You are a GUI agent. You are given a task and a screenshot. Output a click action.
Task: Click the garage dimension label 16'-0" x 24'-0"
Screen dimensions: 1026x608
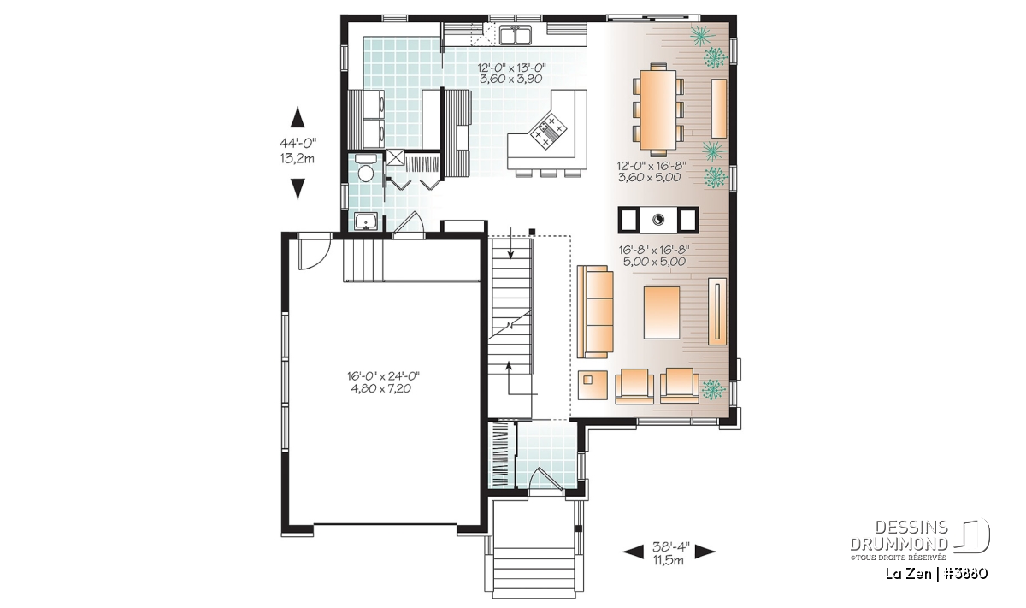[x=383, y=376]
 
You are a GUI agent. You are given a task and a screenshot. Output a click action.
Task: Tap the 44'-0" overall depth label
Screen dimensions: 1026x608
[x=298, y=143]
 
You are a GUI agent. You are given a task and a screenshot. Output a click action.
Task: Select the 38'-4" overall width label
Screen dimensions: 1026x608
[x=670, y=547]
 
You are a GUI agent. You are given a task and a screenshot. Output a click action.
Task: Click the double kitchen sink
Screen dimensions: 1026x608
[x=516, y=35]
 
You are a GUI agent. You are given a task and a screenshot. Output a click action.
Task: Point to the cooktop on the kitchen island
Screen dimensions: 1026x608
[x=548, y=131]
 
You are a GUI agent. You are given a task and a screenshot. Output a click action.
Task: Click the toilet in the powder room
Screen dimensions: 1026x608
[x=366, y=169]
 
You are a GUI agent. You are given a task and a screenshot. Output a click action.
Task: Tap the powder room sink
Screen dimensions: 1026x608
[x=366, y=221]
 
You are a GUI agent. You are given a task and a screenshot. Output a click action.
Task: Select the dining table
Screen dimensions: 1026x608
[x=658, y=109]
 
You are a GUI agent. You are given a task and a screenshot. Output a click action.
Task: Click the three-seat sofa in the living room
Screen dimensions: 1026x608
[x=595, y=311]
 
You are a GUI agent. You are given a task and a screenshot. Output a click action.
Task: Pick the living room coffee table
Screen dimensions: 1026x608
[x=662, y=312]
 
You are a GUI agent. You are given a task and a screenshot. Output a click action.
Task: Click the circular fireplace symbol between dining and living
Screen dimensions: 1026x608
[x=658, y=220]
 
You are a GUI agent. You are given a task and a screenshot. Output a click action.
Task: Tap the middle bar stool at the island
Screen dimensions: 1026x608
[x=548, y=174]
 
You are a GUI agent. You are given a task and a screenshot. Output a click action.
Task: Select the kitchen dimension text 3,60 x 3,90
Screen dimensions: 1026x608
[x=510, y=79]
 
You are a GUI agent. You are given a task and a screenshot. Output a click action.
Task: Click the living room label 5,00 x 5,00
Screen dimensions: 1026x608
[x=654, y=262]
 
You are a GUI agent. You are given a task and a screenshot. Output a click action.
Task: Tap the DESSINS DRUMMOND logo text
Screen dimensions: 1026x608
[x=899, y=535]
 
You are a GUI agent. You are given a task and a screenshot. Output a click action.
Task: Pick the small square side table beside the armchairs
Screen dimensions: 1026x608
[x=593, y=385]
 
